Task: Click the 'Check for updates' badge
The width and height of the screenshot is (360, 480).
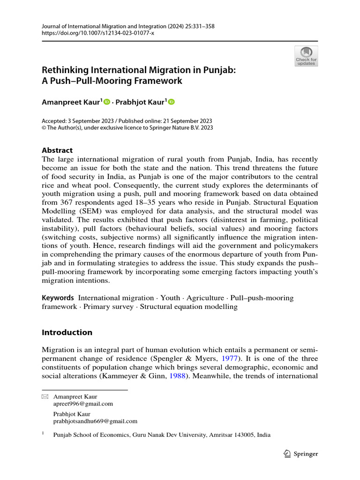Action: (x=306, y=56)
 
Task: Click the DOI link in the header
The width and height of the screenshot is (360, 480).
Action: (x=98, y=33)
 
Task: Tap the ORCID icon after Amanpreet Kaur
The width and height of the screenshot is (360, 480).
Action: (x=106, y=102)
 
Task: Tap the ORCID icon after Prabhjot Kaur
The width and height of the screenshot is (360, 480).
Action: (x=171, y=102)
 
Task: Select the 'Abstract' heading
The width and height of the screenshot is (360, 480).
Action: (x=57, y=150)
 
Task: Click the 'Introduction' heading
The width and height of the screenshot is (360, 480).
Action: (x=67, y=332)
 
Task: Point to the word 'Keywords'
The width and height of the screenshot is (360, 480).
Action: (x=58, y=298)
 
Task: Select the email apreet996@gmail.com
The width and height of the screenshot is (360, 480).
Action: (x=83, y=404)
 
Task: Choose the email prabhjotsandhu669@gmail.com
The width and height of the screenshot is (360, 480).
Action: (x=95, y=421)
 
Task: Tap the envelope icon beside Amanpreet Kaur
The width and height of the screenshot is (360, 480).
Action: (x=45, y=397)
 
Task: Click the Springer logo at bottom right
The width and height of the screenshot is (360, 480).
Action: (x=301, y=453)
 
